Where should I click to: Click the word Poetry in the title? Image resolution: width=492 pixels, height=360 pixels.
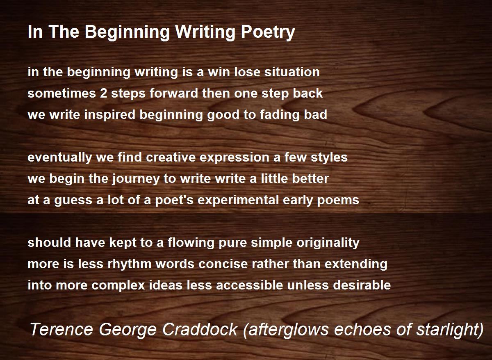(x=268, y=32)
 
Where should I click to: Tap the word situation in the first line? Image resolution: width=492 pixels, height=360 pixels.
(x=292, y=72)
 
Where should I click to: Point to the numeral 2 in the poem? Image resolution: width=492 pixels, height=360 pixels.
(x=104, y=93)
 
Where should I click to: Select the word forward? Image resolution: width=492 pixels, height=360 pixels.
(x=174, y=93)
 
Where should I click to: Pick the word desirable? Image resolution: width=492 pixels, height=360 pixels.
(x=362, y=285)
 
